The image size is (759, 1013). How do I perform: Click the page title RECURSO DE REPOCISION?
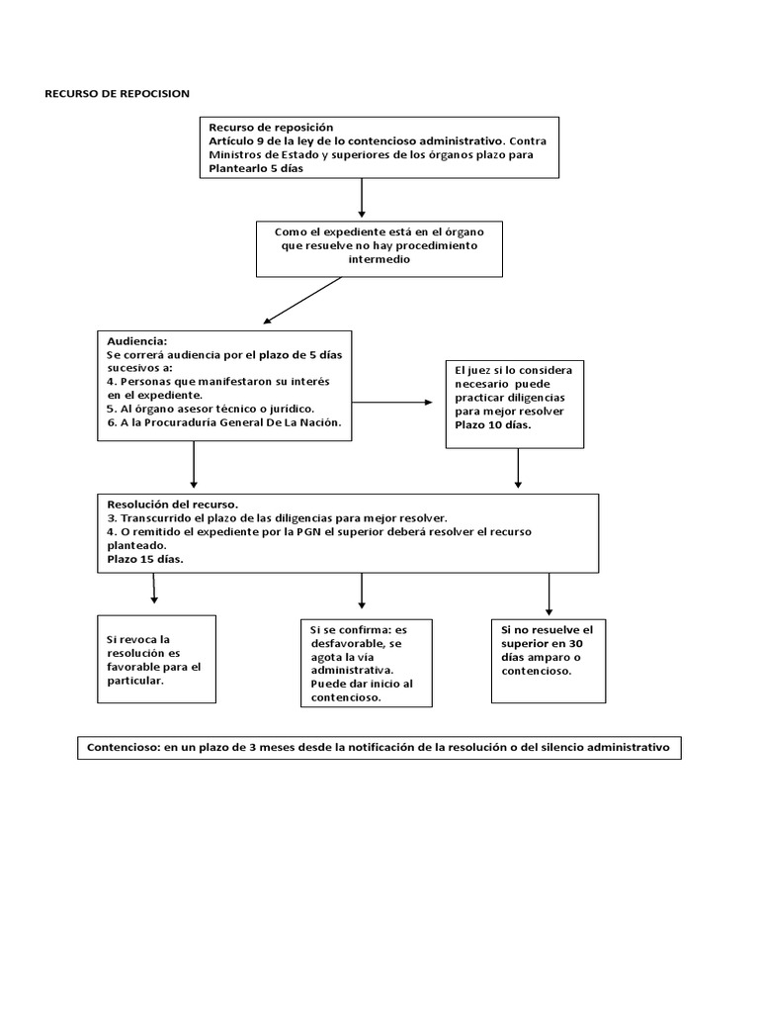[x=117, y=94]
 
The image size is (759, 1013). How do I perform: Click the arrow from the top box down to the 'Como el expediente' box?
[x=362, y=198]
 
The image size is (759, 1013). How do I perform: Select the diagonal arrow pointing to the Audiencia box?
[x=302, y=301]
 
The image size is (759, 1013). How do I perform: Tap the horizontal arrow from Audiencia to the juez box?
[x=392, y=403]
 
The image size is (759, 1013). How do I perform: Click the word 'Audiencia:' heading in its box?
[x=136, y=341]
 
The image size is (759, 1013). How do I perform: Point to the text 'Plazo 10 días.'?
[x=493, y=425]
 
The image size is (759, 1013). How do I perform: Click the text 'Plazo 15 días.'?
[x=145, y=560]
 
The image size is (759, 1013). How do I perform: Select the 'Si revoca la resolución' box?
[x=157, y=659]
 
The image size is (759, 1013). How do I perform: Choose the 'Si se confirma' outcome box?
[x=367, y=664]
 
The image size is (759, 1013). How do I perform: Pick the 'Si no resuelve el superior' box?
[x=548, y=661]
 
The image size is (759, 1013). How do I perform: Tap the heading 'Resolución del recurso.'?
[x=172, y=505]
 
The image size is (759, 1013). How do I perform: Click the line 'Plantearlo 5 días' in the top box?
[x=256, y=168]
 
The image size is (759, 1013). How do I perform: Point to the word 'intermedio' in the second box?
[x=379, y=260]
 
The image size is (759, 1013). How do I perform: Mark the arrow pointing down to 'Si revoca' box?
[x=153, y=588]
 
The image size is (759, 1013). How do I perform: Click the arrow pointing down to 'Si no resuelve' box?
[x=549, y=595]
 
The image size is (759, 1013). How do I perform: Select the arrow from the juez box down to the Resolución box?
[x=518, y=468]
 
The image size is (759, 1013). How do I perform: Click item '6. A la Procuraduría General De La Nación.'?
[x=224, y=422]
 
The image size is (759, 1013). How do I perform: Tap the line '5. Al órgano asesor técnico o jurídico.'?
[x=211, y=409]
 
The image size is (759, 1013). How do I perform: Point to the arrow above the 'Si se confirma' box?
[x=362, y=592]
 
